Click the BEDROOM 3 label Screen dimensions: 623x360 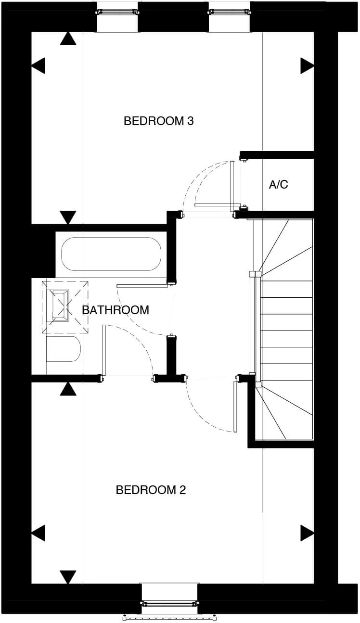(x=158, y=121)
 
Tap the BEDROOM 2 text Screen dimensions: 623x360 (x=151, y=490)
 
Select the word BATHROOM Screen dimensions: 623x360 (x=116, y=310)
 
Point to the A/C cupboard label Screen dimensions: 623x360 (x=278, y=184)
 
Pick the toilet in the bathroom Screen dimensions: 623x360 (x=64, y=349)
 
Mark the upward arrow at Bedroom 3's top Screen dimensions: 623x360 (x=68, y=38)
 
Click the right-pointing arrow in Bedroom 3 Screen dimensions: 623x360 (x=307, y=65)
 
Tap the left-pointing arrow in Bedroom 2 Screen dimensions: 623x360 (x=38, y=533)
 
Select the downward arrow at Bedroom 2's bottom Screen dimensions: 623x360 (x=68, y=577)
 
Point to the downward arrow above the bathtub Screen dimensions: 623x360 (x=68, y=217)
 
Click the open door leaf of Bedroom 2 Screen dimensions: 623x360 (x=235, y=407)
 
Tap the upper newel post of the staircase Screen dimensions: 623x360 (x=255, y=275)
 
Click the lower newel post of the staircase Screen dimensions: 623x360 (x=257, y=384)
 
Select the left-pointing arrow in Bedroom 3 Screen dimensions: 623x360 (x=38, y=65)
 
